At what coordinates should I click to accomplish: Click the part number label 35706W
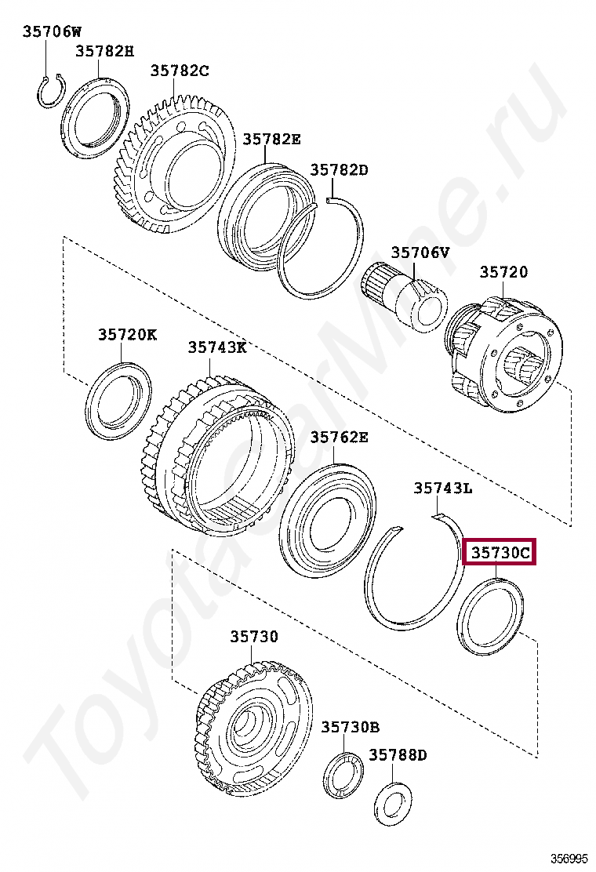tap(52, 31)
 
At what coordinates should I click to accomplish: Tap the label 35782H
tap(104, 51)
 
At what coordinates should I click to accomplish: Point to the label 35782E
tap(271, 139)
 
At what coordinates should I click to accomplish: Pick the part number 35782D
tap(339, 169)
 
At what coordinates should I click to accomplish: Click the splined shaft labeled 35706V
tap(405, 296)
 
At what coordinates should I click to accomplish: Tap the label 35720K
tap(127, 334)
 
